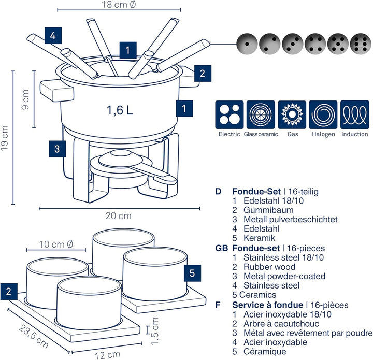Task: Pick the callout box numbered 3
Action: (x=58, y=149)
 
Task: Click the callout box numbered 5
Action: (x=192, y=272)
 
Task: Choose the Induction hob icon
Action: (x=355, y=114)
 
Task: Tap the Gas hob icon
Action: (x=292, y=114)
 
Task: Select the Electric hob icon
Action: (x=229, y=114)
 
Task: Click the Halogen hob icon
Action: (x=324, y=114)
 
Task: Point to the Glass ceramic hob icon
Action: (x=261, y=114)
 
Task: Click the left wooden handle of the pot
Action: (x=56, y=90)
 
